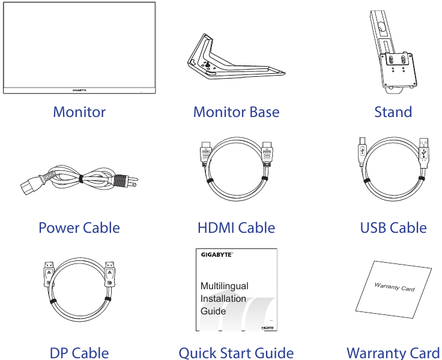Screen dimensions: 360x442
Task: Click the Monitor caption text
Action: point(79,112)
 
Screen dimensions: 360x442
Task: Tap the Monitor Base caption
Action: point(236,112)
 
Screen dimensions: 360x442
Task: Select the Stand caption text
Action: point(393,112)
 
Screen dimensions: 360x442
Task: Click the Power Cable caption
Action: point(79,228)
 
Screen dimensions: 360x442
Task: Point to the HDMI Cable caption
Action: point(236,228)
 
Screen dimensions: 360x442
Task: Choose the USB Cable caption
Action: point(393,228)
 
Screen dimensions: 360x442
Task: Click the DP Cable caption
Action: point(79,352)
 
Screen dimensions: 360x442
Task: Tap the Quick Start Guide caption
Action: point(236,352)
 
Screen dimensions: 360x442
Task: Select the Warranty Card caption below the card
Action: point(393,352)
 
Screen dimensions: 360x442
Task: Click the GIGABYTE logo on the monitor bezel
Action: point(79,91)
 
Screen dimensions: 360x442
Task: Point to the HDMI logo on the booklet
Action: point(268,328)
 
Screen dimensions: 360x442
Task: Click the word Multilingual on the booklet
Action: point(224,286)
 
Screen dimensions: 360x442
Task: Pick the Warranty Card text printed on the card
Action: point(395,287)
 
